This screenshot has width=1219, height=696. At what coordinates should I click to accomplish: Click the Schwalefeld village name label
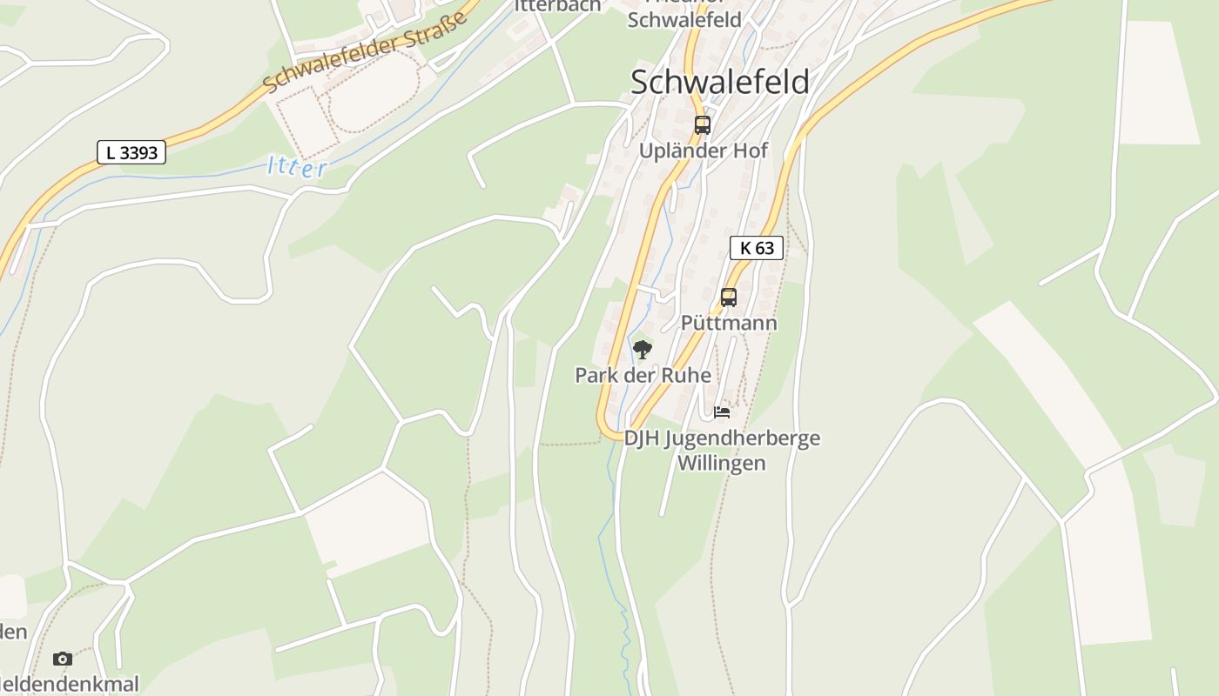[719, 82]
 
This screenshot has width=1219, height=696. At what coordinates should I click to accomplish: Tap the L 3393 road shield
[131, 153]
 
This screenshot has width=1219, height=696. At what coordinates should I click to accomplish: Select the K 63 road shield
[757, 248]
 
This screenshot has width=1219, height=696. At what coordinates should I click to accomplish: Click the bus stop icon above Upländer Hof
[703, 124]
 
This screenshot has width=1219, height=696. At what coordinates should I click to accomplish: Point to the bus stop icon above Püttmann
[729, 298]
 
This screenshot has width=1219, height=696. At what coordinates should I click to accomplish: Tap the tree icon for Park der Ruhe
[643, 350]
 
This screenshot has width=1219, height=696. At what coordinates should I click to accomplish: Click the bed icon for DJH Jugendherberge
[722, 412]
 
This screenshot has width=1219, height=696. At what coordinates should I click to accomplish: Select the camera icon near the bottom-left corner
[62, 659]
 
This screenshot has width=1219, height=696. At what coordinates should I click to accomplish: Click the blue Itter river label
[297, 166]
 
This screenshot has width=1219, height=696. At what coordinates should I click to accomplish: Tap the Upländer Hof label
[704, 151]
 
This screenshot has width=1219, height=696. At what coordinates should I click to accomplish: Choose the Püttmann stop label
[729, 323]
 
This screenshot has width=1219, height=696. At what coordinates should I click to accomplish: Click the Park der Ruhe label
[643, 375]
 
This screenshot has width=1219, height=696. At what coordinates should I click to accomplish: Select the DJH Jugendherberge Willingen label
[722, 450]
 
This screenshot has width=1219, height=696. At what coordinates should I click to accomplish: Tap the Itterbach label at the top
[557, 5]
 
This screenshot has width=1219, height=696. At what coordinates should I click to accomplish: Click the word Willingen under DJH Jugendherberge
[722, 463]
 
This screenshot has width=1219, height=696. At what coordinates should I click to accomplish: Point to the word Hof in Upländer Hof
[750, 151]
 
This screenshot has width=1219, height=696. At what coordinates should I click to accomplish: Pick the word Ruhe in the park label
[689, 375]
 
